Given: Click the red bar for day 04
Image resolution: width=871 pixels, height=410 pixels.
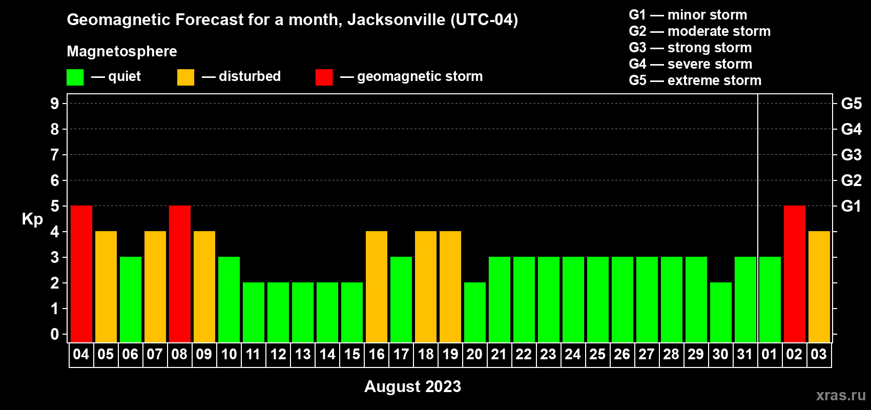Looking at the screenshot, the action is (x=81, y=274).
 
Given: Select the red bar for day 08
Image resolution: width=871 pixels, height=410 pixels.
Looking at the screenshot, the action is (x=180, y=274).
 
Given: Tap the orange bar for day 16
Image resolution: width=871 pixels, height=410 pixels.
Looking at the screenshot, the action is (x=377, y=286).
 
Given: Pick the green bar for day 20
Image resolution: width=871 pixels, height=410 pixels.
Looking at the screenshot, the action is (x=475, y=312).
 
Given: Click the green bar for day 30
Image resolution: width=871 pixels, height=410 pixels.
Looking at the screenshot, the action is (x=721, y=312).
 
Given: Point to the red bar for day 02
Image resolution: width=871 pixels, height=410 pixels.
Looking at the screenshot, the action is (x=794, y=274).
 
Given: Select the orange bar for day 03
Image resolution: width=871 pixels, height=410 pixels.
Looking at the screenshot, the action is (x=819, y=286).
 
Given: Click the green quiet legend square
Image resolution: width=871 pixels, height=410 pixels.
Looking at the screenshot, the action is (x=75, y=77).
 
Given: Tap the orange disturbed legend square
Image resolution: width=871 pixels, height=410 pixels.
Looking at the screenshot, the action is (x=185, y=77).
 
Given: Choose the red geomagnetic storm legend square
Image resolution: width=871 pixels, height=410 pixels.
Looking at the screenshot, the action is (x=324, y=77).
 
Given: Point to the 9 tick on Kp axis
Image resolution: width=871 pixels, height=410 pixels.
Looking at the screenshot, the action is (x=54, y=104).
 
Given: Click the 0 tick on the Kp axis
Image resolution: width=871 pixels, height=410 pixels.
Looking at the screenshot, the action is (x=54, y=334).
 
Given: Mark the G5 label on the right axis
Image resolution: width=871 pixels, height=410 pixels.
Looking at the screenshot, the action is (x=851, y=104).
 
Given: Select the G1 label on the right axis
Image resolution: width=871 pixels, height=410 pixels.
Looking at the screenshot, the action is (x=851, y=206).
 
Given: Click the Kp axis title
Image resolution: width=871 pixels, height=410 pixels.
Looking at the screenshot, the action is (x=32, y=219).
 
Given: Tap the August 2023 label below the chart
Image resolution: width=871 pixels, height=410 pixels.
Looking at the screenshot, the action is (x=412, y=386).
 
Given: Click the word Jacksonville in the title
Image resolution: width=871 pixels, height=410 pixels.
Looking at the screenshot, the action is (x=396, y=19).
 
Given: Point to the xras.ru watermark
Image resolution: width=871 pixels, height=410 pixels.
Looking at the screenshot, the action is (x=841, y=395).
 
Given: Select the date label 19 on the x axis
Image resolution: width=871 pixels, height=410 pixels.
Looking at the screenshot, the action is (x=450, y=354).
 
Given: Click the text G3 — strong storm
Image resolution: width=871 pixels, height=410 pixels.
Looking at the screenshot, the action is (x=690, y=48).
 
